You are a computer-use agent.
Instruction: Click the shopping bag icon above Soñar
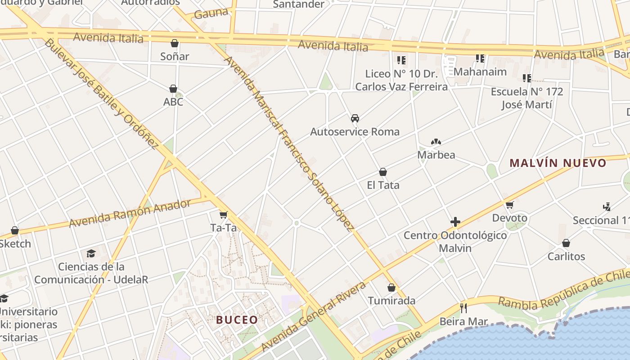click(x=175, y=43)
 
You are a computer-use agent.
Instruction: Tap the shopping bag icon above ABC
click(x=173, y=89)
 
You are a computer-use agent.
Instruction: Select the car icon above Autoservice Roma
click(x=355, y=118)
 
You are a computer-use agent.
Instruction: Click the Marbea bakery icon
click(x=435, y=142)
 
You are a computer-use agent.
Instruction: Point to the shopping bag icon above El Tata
click(x=383, y=172)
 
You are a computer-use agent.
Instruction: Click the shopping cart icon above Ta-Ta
click(x=224, y=215)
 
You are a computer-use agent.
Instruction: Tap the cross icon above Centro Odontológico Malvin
click(x=455, y=222)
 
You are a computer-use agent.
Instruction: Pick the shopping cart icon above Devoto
click(x=509, y=205)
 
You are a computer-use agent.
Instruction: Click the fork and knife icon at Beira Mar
click(x=463, y=308)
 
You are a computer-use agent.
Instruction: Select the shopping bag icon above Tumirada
click(x=391, y=288)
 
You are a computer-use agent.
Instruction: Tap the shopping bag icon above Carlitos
click(x=566, y=243)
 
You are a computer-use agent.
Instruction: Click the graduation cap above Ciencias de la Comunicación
click(x=91, y=253)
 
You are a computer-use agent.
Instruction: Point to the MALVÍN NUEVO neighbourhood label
click(x=558, y=163)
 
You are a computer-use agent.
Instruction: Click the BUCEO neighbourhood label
click(x=237, y=320)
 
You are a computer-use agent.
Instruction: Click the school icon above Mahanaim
click(x=480, y=58)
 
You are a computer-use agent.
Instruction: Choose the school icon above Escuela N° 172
click(x=527, y=78)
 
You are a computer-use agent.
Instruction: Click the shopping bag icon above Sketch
click(x=15, y=231)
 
